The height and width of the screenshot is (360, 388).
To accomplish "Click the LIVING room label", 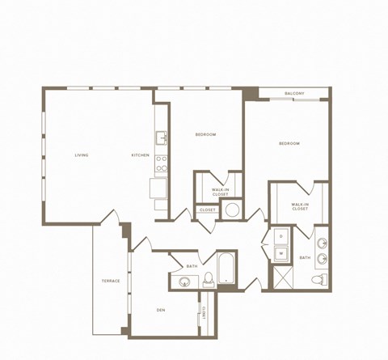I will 82,155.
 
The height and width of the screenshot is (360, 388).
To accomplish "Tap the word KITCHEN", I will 141,155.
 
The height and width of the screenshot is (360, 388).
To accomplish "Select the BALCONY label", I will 295,94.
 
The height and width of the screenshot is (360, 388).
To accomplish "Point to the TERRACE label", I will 111,281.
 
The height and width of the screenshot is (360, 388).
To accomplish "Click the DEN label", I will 161,310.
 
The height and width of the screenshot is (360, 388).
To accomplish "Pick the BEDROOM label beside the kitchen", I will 205,134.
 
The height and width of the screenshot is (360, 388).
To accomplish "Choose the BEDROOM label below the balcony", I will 289,143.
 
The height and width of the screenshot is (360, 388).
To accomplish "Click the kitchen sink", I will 161,137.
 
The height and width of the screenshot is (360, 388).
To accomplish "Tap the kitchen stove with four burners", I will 161,164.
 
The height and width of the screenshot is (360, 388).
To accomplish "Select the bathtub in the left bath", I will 225,270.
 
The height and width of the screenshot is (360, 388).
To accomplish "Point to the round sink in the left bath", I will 185,282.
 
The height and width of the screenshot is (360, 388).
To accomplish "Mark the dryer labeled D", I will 280,236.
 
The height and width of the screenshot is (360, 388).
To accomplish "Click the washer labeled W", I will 280,253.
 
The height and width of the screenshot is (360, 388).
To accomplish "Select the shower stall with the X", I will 281,277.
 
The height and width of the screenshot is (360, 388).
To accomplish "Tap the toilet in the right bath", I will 323,280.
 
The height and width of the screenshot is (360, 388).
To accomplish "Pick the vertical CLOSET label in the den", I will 204,311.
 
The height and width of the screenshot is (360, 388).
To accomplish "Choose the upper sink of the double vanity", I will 323,242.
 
